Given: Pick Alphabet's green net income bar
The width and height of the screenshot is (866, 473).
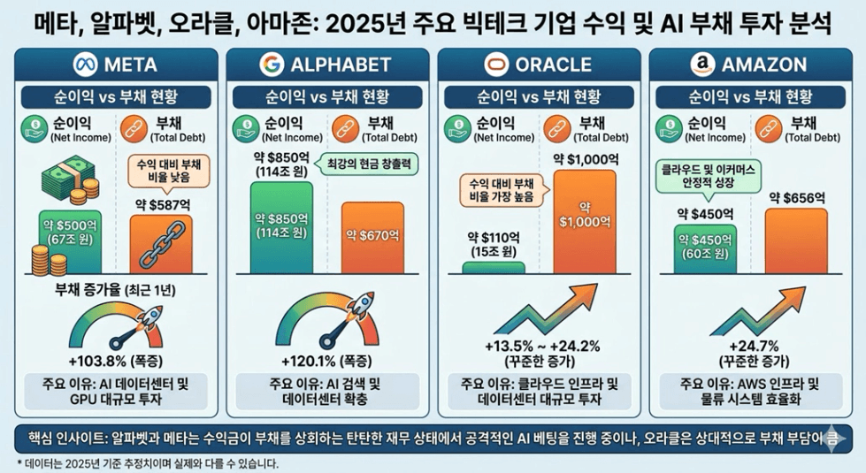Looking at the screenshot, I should [x=281, y=225].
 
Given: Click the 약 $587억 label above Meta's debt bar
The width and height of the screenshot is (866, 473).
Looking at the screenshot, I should [x=159, y=203].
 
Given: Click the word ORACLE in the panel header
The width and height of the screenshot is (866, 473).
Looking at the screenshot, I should [x=553, y=65].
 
